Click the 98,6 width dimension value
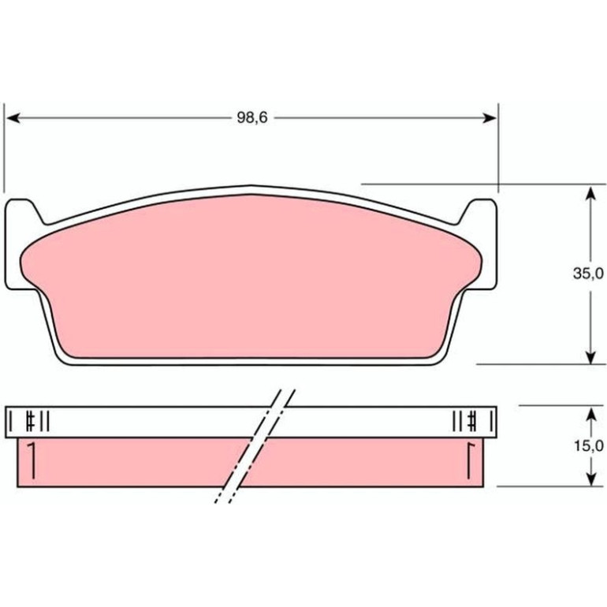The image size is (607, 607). (x=252, y=117)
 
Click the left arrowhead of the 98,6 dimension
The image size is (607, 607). (x=13, y=117)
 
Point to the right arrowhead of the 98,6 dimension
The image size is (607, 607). (x=489, y=117)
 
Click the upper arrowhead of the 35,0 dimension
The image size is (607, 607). (x=590, y=193)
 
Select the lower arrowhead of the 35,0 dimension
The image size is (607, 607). (x=590, y=357)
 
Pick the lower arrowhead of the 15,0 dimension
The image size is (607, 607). (x=590, y=479)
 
